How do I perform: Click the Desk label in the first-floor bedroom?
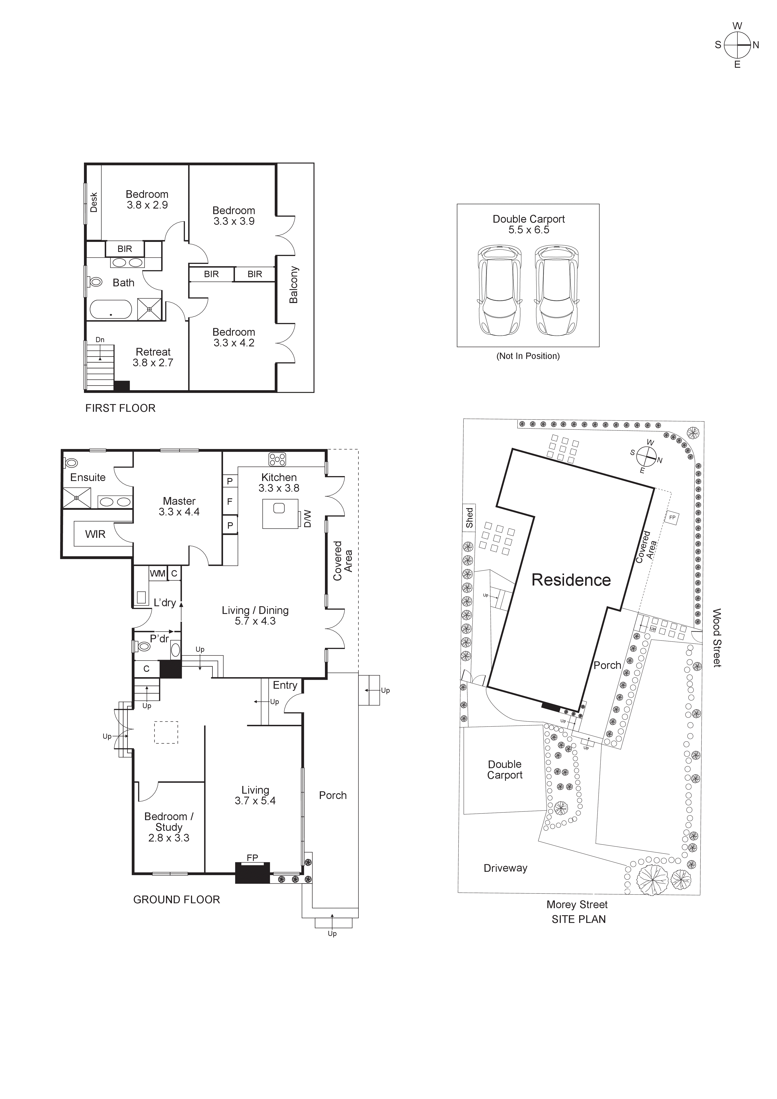[x=94, y=203]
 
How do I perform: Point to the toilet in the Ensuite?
[x=71, y=463]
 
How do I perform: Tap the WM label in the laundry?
[x=157, y=573]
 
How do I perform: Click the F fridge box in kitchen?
[x=230, y=502]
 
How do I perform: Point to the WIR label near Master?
[x=95, y=534]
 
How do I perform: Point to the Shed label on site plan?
[x=469, y=518]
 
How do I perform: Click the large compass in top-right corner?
[x=737, y=45]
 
